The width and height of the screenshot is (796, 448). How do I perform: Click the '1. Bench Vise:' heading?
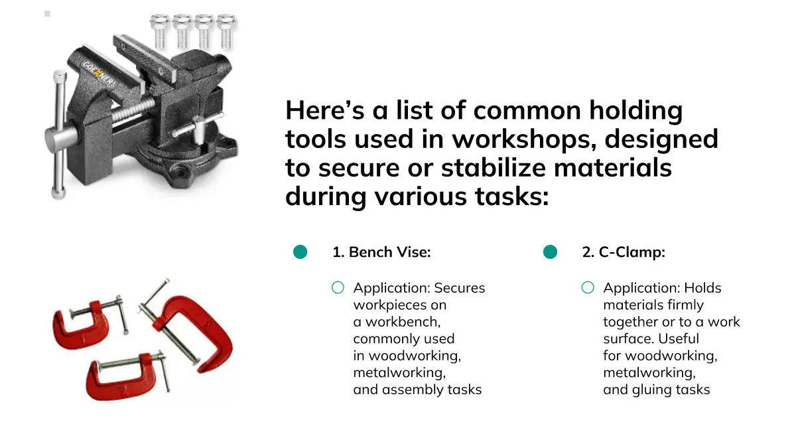[x=381, y=252]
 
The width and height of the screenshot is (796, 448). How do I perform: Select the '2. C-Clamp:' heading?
[x=624, y=252]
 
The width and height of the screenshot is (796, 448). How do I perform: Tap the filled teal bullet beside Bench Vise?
[x=300, y=252]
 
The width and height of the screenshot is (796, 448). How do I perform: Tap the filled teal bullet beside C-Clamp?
[x=550, y=252]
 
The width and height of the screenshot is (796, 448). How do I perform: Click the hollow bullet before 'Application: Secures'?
[x=338, y=287]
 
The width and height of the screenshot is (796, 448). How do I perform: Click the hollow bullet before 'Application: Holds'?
[x=588, y=287]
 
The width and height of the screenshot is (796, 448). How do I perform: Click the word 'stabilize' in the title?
[x=494, y=167]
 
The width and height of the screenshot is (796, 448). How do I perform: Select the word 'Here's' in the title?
[x=325, y=110]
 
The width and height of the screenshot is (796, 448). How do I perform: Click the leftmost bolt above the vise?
[x=160, y=31]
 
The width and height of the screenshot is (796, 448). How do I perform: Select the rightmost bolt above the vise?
[x=226, y=31]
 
